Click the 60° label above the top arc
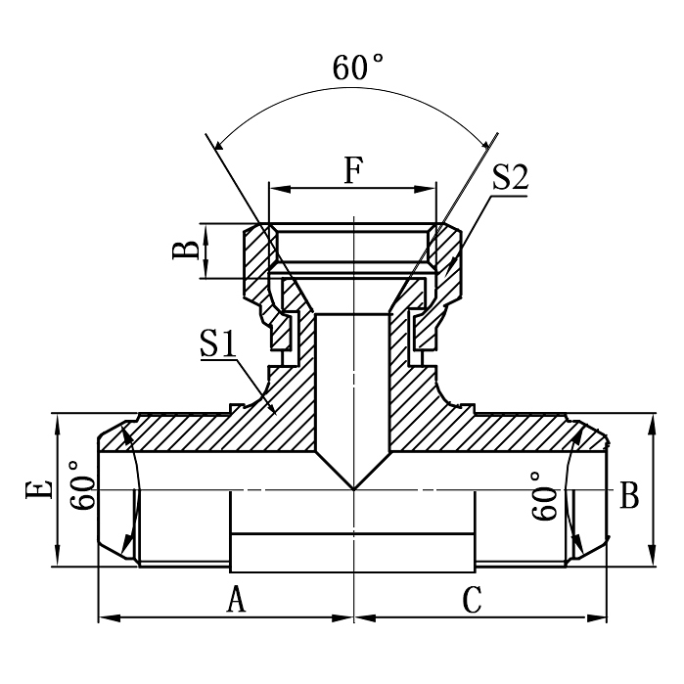(x=357, y=68)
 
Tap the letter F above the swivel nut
(x=353, y=169)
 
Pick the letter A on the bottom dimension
(x=236, y=599)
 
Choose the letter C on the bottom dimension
(x=473, y=599)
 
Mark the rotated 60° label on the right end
(x=547, y=495)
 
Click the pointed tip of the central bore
(x=353, y=488)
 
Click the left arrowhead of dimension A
(x=105, y=618)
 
